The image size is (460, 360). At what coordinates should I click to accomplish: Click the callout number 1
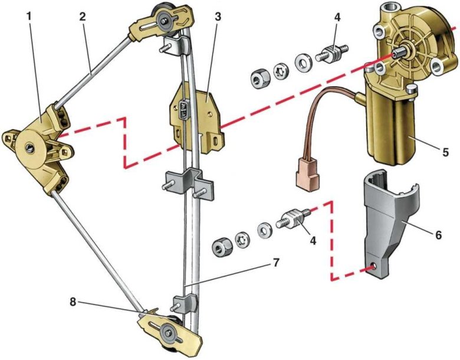click(x=29, y=17)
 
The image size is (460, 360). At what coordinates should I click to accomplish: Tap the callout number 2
click(x=83, y=17)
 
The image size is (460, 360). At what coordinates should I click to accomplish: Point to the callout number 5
click(x=436, y=151)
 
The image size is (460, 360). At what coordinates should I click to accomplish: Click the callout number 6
click(x=438, y=234)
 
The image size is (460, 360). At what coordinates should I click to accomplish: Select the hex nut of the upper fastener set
click(x=258, y=77)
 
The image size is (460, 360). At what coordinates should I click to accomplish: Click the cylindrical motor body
click(x=392, y=127)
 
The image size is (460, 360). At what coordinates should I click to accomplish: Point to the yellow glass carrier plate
click(x=198, y=115)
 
